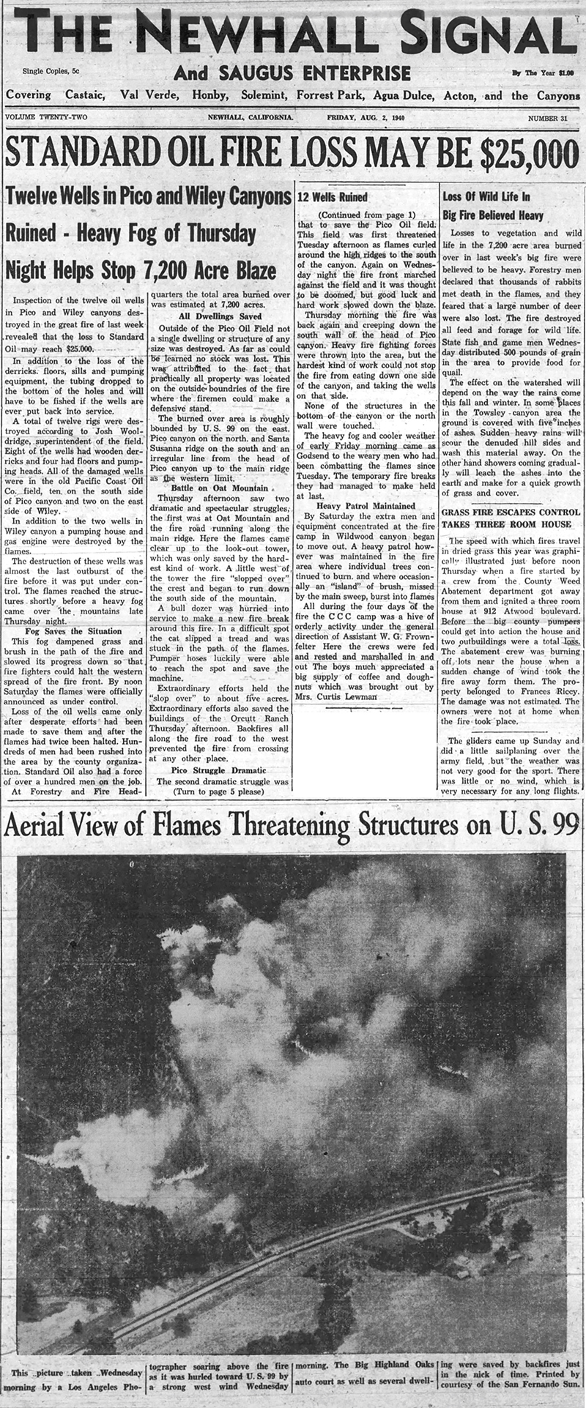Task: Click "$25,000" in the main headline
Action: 513,154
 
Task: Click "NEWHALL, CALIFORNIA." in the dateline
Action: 251,118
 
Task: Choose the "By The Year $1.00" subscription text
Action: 541,72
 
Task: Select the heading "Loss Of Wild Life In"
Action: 487,197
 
